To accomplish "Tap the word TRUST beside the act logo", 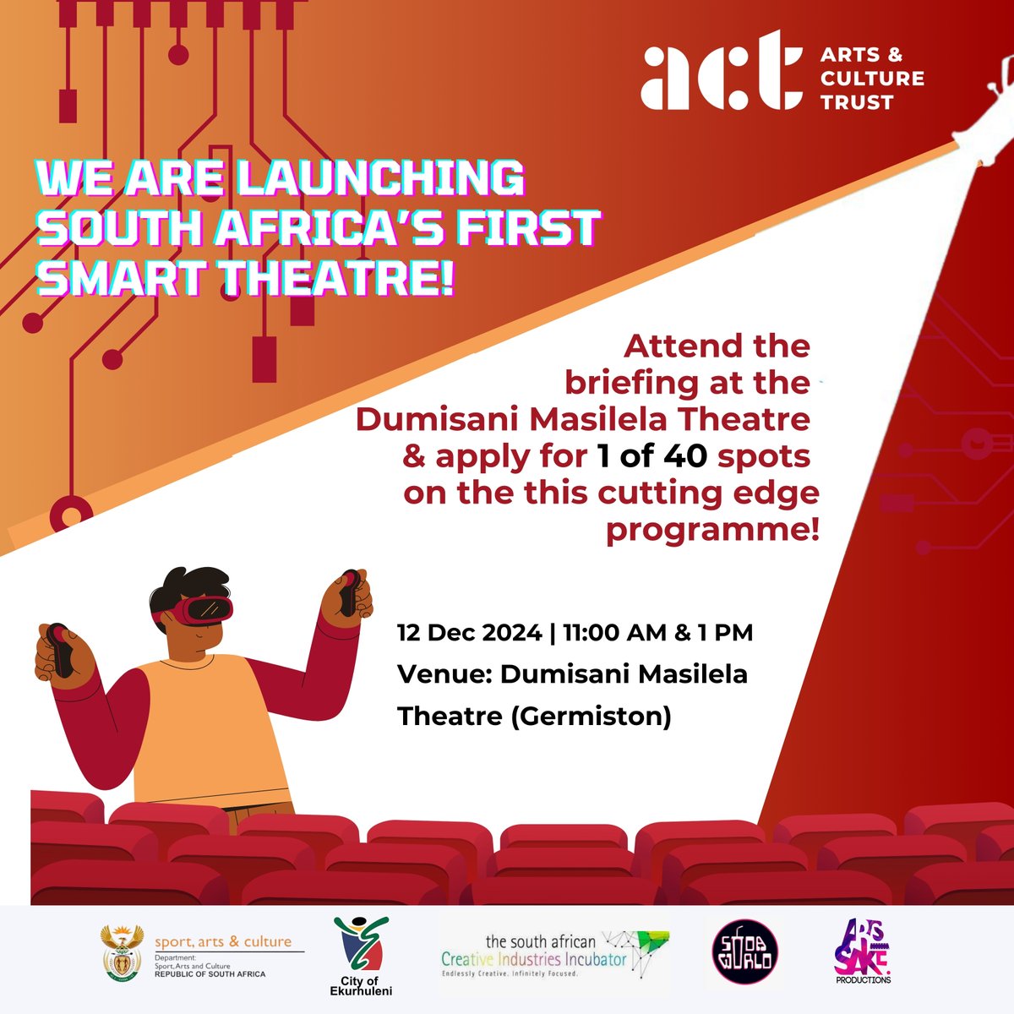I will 857,102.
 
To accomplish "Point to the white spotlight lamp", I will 980,117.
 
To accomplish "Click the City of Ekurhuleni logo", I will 362,955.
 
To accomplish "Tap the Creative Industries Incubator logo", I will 554,954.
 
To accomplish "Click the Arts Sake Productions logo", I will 861,953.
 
